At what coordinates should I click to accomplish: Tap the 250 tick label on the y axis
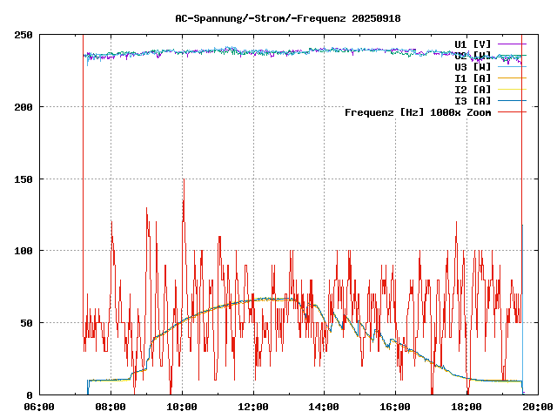tap(23, 35)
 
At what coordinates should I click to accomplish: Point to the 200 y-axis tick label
tap(23, 107)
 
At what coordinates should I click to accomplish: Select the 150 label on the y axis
tap(23, 179)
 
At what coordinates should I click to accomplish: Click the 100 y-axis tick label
tap(23, 251)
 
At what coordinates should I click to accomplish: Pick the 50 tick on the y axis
tap(27, 323)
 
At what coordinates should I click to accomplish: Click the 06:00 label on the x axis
tap(39, 407)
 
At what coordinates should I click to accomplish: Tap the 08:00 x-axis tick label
tap(111, 407)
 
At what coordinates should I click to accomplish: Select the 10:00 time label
tap(182, 407)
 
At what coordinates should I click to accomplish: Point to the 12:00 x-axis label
tap(253, 407)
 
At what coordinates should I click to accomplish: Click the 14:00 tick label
tap(325, 407)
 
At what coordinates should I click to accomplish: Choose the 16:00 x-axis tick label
tap(396, 407)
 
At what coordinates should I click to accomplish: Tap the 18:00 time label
tap(467, 407)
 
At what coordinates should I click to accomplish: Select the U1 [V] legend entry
tap(473, 44)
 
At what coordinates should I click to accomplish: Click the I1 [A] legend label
tap(473, 78)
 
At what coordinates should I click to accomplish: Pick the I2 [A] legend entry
tap(473, 89)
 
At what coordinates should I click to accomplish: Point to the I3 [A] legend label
tap(473, 100)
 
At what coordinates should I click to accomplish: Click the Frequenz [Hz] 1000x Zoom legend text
tap(418, 111)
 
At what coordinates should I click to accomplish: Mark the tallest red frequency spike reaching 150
tap(184, 180)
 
